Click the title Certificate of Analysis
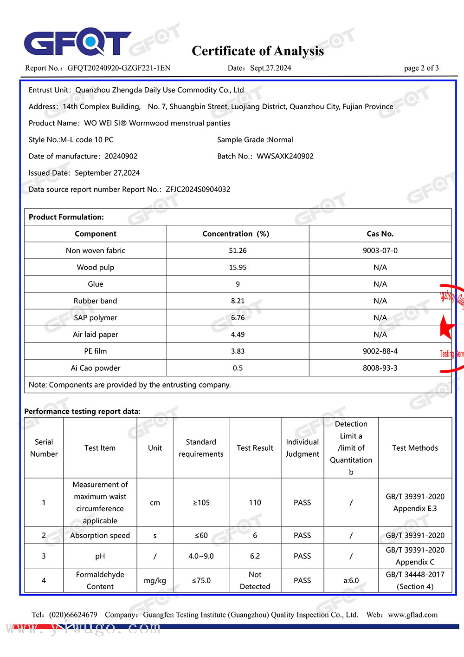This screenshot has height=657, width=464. [x=258, y=51]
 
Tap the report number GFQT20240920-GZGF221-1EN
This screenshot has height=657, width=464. [x=119, y=68]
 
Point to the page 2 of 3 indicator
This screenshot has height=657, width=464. [x=421, y=68]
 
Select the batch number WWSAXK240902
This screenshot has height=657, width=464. [x=285, y=156]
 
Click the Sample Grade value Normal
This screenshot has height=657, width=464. [x=280, y=139]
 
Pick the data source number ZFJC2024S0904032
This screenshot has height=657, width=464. [x=198, y=189]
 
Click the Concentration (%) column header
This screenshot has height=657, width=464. [x=236, y=234]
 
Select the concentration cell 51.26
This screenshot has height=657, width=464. [x=238, y=250]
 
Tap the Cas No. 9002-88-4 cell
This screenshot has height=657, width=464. [x=380, y=351]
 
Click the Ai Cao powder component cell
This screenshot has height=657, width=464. [x=96, y=368]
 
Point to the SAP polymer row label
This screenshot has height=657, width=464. [x=96, y=318]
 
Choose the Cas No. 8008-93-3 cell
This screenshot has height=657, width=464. [x=380, y=368]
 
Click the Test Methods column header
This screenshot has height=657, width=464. [x=415, y=448]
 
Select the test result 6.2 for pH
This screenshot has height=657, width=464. [x=255, y=556]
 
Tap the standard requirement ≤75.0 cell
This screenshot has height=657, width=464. [x=201, y=580]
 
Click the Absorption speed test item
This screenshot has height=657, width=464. [x=100, y=535]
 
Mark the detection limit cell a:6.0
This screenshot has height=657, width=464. [x=351, y=580]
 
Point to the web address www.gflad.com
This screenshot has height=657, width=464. [x=412, y=615]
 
